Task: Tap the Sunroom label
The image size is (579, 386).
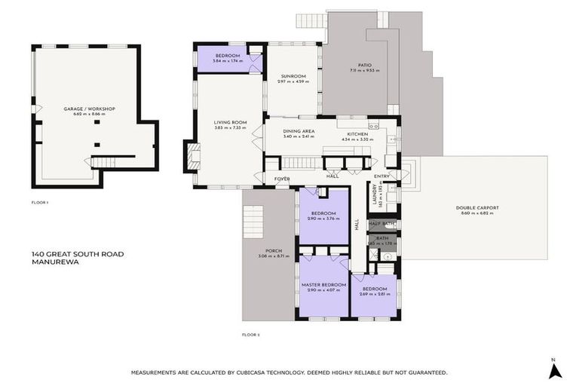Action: (x=293, y=76)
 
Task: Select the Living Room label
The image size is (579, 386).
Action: (x=230, y=123)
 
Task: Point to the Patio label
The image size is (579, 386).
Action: (x=364, y=66)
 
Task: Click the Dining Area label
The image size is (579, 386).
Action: (x=299, y=131)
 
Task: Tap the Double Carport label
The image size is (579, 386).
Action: (x=476, y=209)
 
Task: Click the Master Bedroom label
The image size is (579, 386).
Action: (x=323, y=285)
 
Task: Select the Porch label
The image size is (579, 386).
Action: (x=268, y=253)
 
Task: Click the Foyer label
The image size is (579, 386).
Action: (x=282, y=179)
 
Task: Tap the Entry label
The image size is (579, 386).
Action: (x=381, y=176)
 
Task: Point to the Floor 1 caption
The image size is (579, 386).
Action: (x=40, y=203)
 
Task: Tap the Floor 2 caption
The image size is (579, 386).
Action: (x=250, y=334)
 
